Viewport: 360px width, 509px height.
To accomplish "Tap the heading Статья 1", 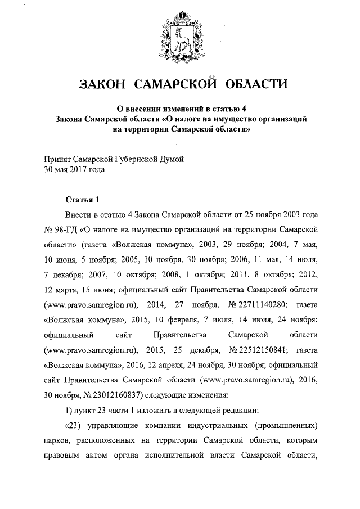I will [82, 200].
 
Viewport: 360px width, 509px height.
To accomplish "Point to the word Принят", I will [58, 160].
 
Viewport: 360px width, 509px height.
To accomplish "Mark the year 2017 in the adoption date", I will [80, 169].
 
